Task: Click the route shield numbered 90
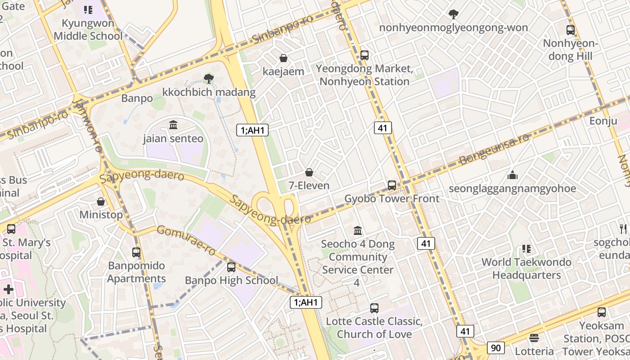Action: tap(495, 347)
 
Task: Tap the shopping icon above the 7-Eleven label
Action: tap(309, 172)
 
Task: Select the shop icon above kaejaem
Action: tap(283, 58)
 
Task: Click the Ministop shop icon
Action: tap(101, 202)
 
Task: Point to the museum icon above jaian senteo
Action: tap(173, 125)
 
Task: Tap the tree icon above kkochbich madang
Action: tap(208, 79)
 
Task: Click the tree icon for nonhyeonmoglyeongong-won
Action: tap(454, 14)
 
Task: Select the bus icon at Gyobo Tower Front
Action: tap(392, 185)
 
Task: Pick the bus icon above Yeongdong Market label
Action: tap(364, 55)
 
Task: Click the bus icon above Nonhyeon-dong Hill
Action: tap(571, 30)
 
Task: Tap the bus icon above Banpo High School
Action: tap(231, 267)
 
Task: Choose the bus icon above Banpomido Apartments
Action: tap(136, 252)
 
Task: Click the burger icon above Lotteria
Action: tap(534, 337)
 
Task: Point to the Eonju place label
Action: tap(603, 121)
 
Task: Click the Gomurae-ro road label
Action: tap(186, 239)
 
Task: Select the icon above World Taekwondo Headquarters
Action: tap(526, 248)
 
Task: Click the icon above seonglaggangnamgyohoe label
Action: tap(512, 175)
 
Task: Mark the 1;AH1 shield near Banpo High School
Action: tap(306, 302)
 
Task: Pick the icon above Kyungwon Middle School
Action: tap(88, 10)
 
